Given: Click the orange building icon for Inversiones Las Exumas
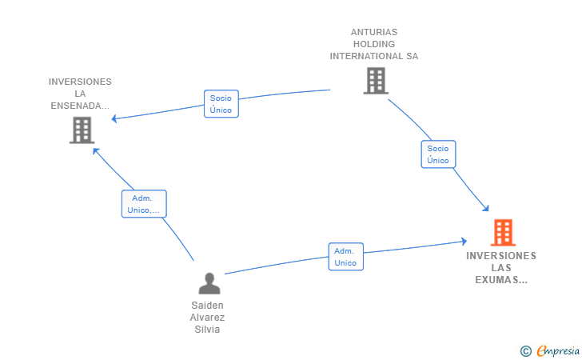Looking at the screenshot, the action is click(x=503, y=233).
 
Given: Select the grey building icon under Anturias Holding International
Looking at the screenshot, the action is click(x=376, y=81).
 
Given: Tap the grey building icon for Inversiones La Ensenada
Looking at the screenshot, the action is click(x=82, y=130).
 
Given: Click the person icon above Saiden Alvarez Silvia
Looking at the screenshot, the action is click(x=209, y=283).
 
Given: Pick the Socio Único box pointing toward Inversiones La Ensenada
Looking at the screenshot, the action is click(x=221, y=104).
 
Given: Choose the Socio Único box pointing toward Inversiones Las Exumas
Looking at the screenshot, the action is click(x=438, y=154).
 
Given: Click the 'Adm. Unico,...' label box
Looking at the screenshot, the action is click(x=144, y=203).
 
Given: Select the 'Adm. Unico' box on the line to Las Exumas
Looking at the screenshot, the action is click(x=345, y=257).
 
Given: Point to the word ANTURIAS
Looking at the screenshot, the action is click(x=374, y=32).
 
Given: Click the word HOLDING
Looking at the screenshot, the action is click(x=374, y=44).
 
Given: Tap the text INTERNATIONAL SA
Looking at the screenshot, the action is click(x=374, y=56).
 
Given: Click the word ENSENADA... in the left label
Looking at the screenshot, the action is click(x=80, y=106).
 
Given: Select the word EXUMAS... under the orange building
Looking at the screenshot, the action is click(x=501, y=280).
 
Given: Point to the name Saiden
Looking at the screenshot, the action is click(x=207, y=306).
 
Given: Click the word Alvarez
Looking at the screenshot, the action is click(x=207, y=318).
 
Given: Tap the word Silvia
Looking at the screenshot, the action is click(x=207, y=329).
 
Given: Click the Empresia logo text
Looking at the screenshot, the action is click(x=558, y=350).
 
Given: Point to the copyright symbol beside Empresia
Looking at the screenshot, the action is click(x=525, y=351).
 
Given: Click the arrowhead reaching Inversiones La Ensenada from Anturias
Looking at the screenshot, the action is click(x=114, y=118).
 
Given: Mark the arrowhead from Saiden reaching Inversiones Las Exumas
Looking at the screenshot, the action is click(x=464, y=241).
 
